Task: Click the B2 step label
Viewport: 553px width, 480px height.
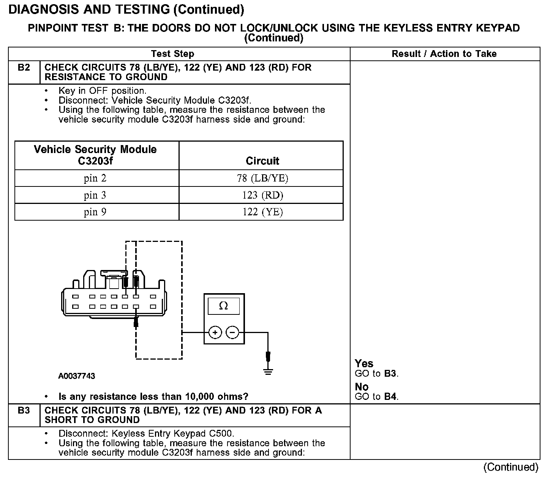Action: pyautogui.click(x=24, y=68)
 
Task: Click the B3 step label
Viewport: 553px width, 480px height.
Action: pyautogui.click(x=24, y=411)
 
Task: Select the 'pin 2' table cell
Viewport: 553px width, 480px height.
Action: pyautogui.click(x=95, y=178)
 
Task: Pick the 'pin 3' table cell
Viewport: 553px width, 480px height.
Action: pyautogui.click(x=95, y=195)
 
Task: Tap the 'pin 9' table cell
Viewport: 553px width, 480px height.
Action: pyautogui.click(x=95, y=212)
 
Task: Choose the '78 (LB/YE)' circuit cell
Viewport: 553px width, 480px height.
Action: pyautogui.click(x=262, y=178)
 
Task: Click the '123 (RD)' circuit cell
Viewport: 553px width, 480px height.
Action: pyautogui.click(x=262, y=195)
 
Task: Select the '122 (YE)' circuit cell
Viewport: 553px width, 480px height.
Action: pyautogui.click(x=262, y=212)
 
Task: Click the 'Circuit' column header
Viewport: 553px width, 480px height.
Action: pyautogui.click(x=262, y=161)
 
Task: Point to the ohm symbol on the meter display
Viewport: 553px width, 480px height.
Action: pyautogui.click(x=224, y=306)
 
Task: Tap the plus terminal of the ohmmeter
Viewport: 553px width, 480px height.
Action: pyautogui.click(x=215, y=333)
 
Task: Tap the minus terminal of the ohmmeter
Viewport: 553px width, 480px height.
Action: pyautogui.click(x=232, y=333)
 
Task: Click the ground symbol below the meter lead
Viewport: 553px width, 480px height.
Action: pyautogui.click(x=268, y=371)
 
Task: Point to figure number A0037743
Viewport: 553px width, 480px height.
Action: pyautogui.click(x=77, y=376)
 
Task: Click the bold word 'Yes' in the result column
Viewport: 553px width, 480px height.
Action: pyautogui.click(x=364, y=363)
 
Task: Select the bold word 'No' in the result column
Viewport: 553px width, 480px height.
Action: pyautogui.click(x=362, y=387)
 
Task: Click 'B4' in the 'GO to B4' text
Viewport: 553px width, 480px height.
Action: pyautogui.click(x=390, y=397)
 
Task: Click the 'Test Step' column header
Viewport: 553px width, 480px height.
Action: pyautogui.click(x=172, y=54)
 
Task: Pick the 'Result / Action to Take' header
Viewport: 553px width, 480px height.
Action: pyautogui.click(x=444, y=54)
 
